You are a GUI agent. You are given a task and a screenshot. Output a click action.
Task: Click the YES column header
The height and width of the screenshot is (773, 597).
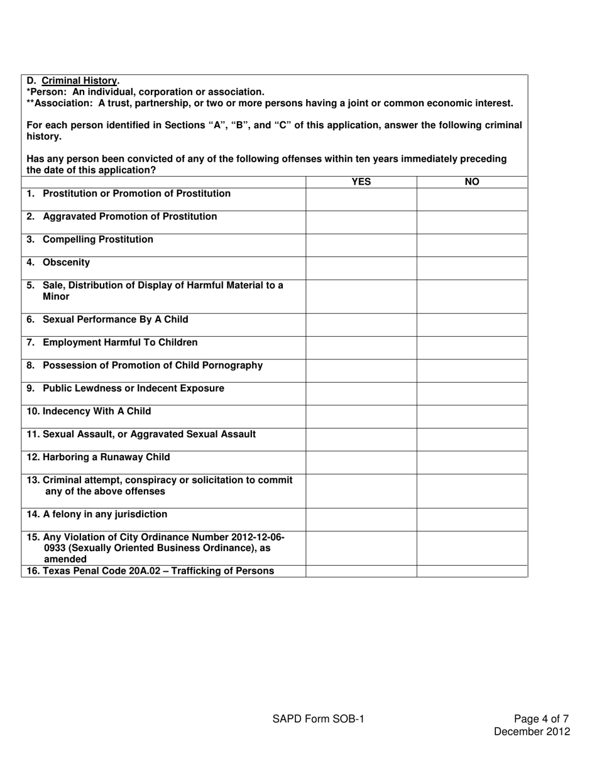pos(361,182)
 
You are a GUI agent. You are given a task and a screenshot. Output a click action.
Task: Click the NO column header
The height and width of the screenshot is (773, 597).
pos(472,182)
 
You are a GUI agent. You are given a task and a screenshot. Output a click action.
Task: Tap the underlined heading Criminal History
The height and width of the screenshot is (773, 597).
pos(79,80)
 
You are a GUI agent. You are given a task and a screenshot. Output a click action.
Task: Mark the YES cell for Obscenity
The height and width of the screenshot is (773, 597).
pos(361,268)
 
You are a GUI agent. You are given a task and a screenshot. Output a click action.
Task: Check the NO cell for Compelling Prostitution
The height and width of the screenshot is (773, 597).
pos(472,245)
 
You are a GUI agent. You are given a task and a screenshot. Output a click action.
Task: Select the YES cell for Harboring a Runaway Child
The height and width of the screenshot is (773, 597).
pos(361,462)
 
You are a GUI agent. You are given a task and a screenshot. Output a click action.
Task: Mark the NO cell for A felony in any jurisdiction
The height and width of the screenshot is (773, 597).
pos(472,519)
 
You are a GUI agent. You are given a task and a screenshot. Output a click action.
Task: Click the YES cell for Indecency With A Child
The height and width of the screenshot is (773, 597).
pos(361,416)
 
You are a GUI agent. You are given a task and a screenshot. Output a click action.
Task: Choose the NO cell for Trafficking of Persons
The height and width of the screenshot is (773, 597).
pos(472,571)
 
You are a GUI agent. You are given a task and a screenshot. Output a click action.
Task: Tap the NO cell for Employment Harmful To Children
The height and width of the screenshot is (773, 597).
pos(472,348)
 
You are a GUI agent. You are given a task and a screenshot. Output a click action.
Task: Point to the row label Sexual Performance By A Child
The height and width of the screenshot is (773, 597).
pos(115,319)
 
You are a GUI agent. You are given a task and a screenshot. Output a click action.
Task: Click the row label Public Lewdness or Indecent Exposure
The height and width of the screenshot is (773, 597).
pos(133,388)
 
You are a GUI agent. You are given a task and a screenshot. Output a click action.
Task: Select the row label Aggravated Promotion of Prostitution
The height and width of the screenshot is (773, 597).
pos(129,217)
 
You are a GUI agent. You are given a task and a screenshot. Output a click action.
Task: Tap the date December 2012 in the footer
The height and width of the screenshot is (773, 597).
pos(532,732)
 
